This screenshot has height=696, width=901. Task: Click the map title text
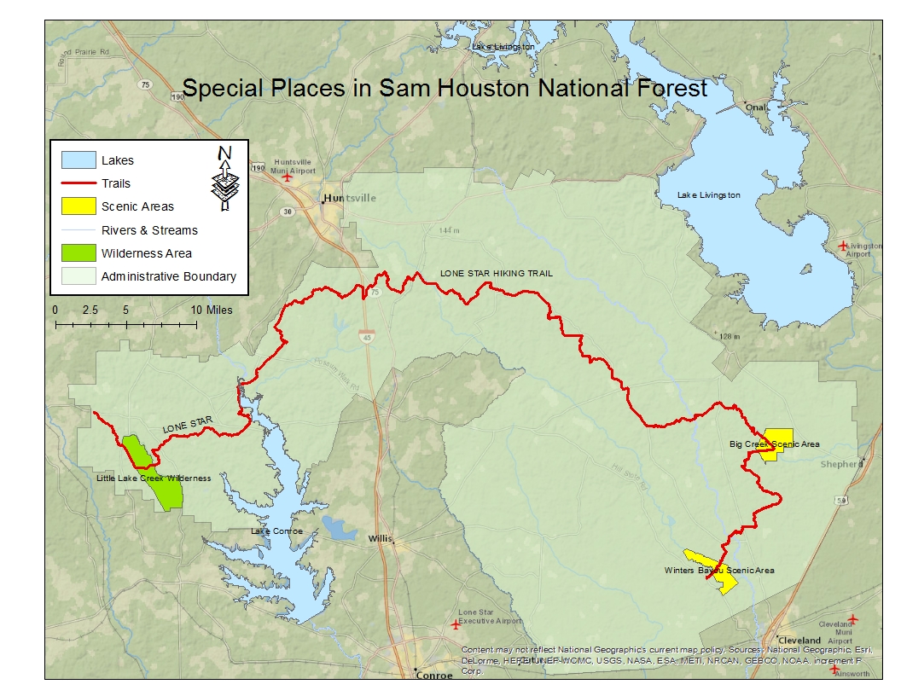(x=445, y=88)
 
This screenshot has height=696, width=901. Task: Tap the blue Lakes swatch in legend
(x=77, y=160)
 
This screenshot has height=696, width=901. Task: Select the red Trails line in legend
(x=77, y=183)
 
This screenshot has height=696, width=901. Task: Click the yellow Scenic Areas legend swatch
(x=77, y=206)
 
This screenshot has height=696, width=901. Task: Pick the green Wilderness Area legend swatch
(x=77, y=253)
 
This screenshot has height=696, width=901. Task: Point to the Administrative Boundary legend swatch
(x=77, y=276)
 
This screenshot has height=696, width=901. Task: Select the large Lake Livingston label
(x=709, y=195)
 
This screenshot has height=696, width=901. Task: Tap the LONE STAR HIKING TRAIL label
(x=496, y=274)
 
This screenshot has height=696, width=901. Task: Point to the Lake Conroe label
(x=276, y=531)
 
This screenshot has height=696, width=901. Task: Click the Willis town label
(x=380, y=539)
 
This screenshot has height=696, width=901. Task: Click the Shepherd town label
(x=840, y=465)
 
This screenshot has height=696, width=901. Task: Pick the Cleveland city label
(x=800, y=640)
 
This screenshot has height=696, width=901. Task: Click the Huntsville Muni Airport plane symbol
(x=288, y=178)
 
